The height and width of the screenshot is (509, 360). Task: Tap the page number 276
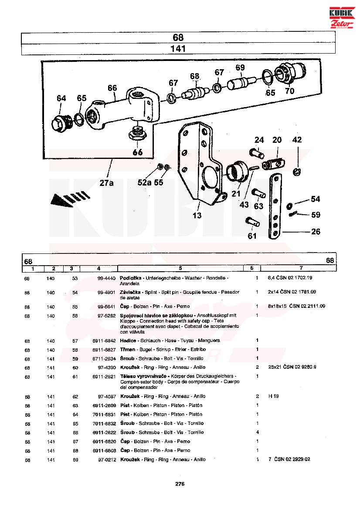click(x=180, y=484)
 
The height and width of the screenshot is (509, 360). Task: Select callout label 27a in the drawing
click(x=106, y=183)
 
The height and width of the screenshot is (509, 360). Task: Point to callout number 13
click(x=197, y=216)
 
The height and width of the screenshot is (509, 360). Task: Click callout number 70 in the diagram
click(x=290, y=91)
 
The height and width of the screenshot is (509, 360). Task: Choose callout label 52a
click(x=144, y=182)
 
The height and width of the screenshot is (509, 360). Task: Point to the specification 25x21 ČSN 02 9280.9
click(x=292, y=367)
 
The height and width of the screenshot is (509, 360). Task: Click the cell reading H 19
click(x=273, y=396)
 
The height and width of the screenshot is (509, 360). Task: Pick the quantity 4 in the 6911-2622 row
click(x=257, y=432)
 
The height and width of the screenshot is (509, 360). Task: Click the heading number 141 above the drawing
click(x=178, y=49)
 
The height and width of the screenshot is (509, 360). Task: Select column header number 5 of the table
click(x=180, y=268)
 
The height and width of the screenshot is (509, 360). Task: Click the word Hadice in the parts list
click(x=128, y=340)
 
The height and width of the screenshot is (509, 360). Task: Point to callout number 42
click(x=297, y=140)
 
